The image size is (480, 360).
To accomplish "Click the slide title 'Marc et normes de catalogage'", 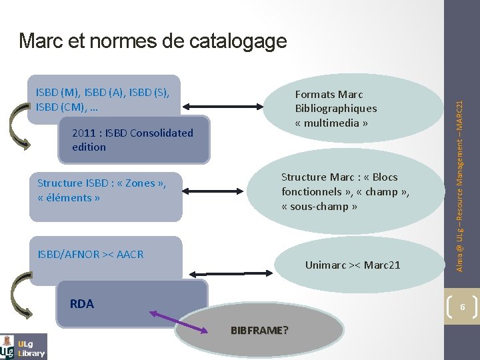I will tap(153, 41).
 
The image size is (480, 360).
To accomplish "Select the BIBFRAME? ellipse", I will tap(259, 330).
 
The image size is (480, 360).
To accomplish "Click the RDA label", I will tap(82, 304).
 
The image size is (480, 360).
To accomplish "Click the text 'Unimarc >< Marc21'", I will tap(353, 265).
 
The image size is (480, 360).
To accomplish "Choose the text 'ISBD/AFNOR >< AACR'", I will tap(91, 254).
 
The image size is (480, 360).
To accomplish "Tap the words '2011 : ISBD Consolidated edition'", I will tap(132, 140).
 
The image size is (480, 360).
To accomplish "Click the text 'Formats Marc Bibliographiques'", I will tap(335, 101).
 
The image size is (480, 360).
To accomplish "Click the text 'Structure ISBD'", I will tap(73, 183).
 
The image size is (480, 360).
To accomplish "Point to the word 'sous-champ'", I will tap(319, 207).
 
